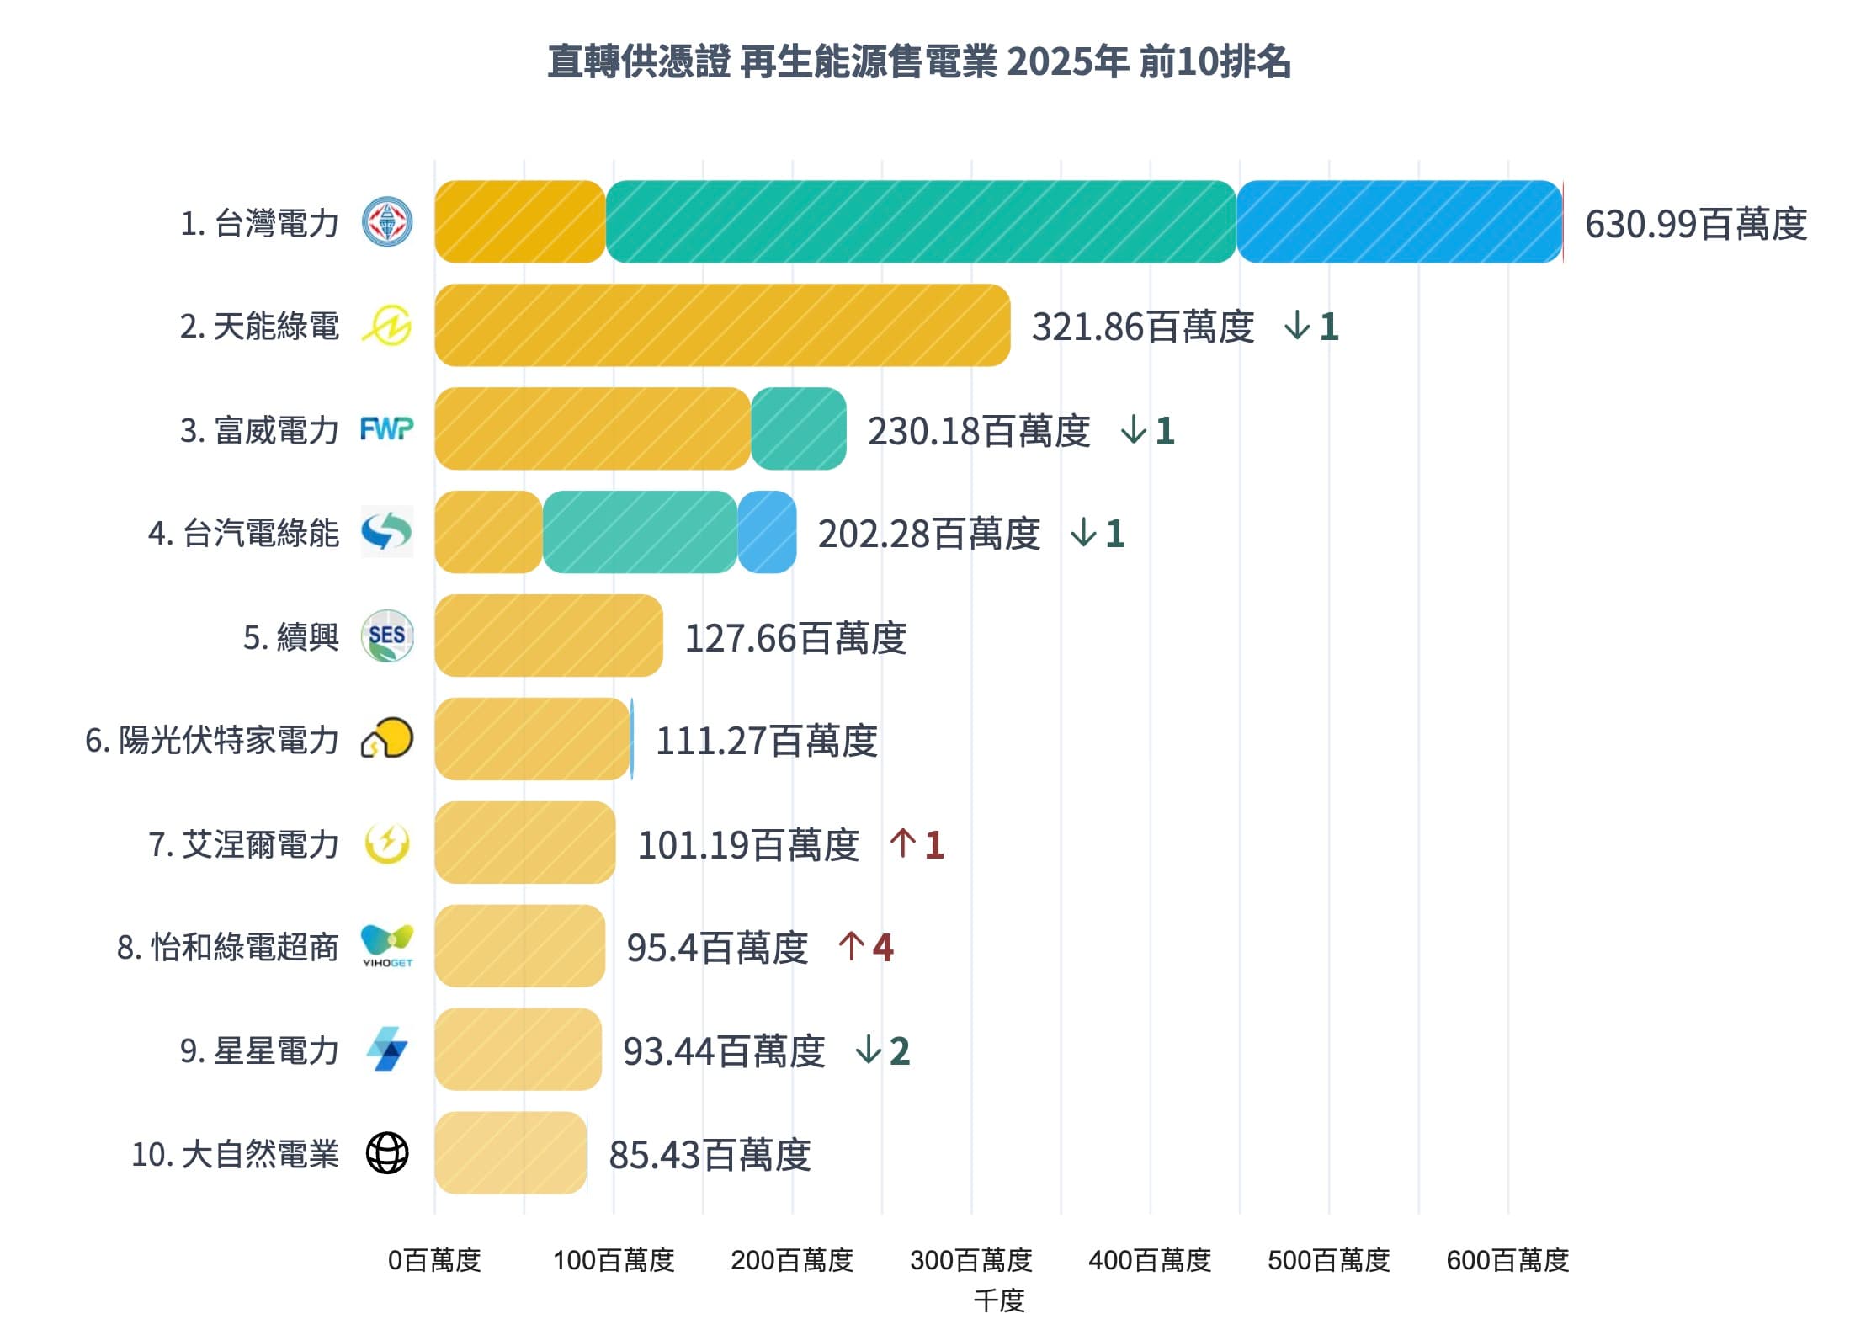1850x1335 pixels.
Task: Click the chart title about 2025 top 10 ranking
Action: (919, 61)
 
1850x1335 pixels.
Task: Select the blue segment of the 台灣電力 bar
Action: (1399, 222)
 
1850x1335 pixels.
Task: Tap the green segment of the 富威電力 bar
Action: (798, 429)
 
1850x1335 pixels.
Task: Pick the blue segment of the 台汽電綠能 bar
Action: (767, 533)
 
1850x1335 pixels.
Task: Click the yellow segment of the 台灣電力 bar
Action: (519, 222)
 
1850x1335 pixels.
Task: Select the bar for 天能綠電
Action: (721, 326)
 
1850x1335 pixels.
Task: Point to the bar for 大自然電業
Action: (510, 1153)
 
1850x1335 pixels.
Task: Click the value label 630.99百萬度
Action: (1695, 225)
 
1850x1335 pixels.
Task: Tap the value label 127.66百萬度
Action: (795, 638)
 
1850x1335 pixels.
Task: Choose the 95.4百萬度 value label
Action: (717, 948)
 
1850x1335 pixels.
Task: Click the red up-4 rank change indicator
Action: (866, 948)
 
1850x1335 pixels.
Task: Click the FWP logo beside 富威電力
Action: (386, 429)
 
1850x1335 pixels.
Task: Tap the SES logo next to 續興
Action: (386, 636)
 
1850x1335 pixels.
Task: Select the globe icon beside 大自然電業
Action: (386, 1153)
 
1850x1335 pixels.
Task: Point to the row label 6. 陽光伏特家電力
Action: (211, 741)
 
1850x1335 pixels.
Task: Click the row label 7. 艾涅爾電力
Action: (243, 844)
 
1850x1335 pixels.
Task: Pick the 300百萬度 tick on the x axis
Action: (970, 1260)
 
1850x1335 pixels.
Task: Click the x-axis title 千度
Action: (998, 1301)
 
